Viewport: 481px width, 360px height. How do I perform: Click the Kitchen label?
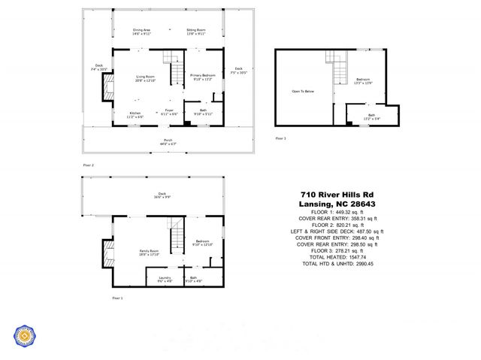pyautogui.click(x=135, y=115)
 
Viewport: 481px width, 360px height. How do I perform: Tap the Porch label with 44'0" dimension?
pyautogui.click(x=169, y=141)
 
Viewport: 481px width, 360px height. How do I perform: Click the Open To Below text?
pyautogui.click(x=303, y=92)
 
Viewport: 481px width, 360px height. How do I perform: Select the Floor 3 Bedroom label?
pyautogui.click(x=363, y=80)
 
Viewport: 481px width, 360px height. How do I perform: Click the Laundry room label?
pyautogui.click(x=165, y=280)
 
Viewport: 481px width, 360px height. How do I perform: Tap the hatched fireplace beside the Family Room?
pyautogui.click(x=107, y=253)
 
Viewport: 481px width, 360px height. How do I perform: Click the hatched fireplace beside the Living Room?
pyautogui.click(x=107, y=89)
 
